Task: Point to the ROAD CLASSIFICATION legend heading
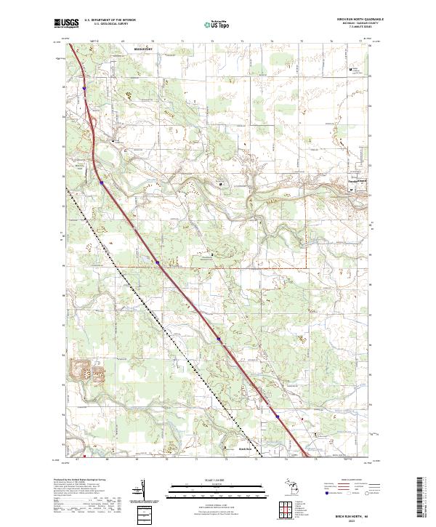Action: (352, 480)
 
